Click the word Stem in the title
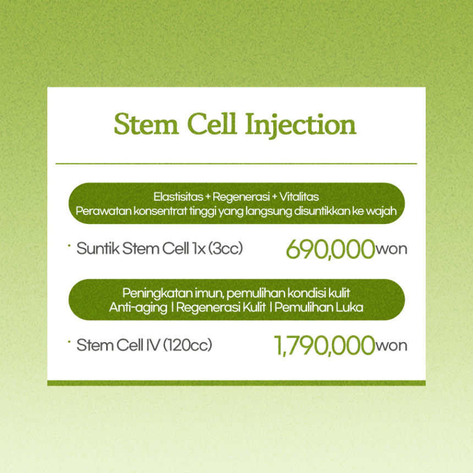pos(146,124)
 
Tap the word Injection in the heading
pos(300,126)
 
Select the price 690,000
pos(331,250)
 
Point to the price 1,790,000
pos(324,346)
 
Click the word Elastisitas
pos(178,197)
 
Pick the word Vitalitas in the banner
pos(299,197)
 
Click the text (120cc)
pos(188,345)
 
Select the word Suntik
pos(98,249)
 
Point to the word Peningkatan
pos(157,294)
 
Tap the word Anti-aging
pos(138,308)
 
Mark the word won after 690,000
pos(391,250)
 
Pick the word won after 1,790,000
pos(391,346)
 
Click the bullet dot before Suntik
pos(69,245)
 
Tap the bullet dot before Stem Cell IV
pos(69,342)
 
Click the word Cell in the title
pos(211,124)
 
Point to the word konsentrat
pos(161,211)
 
